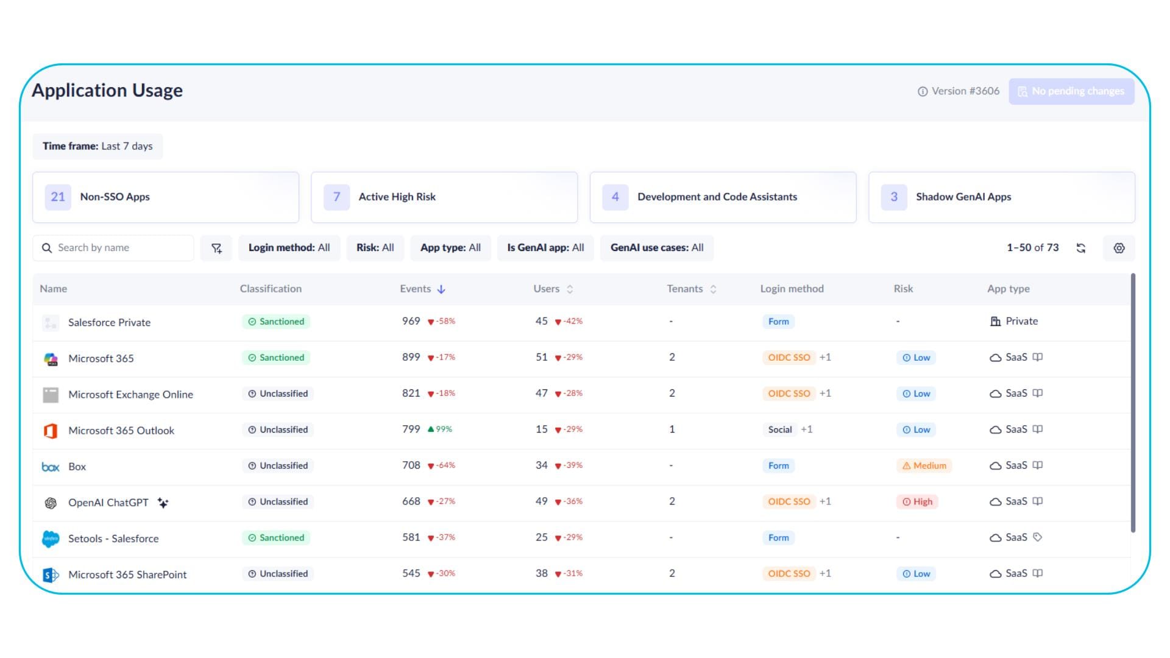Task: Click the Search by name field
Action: click(x=113, y=248)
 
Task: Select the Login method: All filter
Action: click(x=289, y=248)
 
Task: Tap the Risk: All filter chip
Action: click(x=375, y=248)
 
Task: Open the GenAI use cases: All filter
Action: click(x=657, y=248)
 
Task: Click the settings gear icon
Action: click(x=1119, y=248)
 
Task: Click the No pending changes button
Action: click(x=1071, y=91)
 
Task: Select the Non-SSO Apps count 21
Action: click(x=58, y=197)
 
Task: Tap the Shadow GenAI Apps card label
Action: click(x=963, y=197)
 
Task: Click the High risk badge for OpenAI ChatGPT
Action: click(x=918, y=502)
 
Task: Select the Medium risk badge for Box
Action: click(x=924, y=466)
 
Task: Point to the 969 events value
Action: click(x=411, y=321)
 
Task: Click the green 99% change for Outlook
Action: click(x=440, y=430)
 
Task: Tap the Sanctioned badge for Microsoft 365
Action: click(x=276, y=358)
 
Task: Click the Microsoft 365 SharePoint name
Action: click(x=127, y=575)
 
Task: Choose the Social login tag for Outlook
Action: click(x=780, y=430)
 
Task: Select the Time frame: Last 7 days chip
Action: click(x=97, y=146)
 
